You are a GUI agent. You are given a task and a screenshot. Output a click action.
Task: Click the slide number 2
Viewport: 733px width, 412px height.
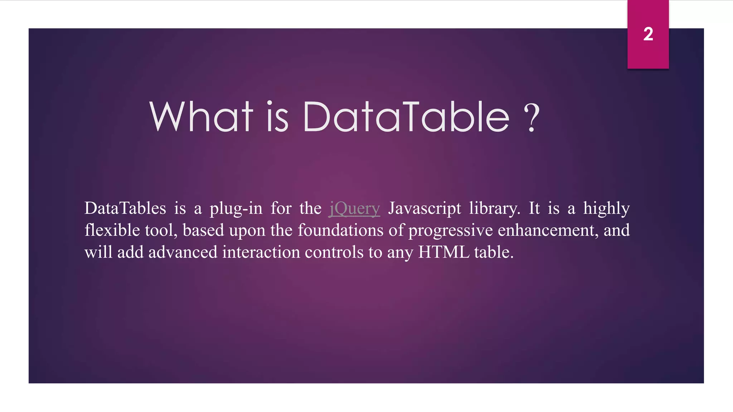point(648,34)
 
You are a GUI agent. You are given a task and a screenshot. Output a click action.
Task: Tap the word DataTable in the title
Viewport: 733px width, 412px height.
point(406,117)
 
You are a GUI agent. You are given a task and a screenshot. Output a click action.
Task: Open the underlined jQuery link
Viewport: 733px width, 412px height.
point(354,209)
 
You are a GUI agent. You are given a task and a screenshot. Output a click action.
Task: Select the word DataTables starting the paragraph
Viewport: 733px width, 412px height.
point(125,209)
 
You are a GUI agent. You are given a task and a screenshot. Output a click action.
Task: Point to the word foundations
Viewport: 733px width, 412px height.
point(340,230)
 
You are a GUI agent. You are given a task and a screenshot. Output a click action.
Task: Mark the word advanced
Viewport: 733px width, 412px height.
point(183,252)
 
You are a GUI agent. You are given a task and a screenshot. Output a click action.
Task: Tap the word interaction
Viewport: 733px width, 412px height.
point(261,252)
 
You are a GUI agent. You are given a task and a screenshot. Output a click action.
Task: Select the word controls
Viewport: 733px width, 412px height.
point(334,252)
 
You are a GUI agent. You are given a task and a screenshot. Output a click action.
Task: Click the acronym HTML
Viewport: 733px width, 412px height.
point(443,252)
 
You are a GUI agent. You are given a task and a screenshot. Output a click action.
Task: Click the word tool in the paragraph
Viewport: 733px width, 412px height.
point(161,230)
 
